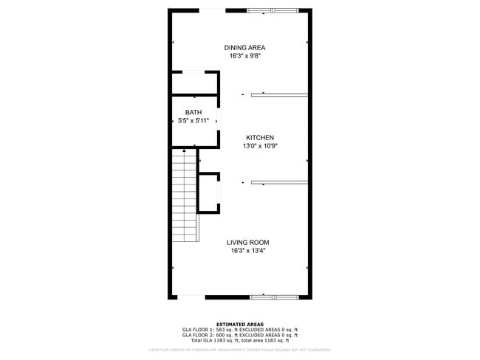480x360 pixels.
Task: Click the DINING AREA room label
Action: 245,48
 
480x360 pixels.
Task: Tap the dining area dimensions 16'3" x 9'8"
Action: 245,56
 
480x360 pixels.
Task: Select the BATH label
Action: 193,112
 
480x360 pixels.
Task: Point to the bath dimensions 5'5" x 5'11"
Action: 193,120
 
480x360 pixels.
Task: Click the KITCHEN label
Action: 260,138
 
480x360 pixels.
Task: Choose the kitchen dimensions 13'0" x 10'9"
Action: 260,146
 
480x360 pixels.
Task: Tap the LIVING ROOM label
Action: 247,243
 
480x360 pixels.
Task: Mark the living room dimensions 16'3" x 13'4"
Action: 247,251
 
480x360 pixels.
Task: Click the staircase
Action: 185,196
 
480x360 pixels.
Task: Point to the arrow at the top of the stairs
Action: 184,150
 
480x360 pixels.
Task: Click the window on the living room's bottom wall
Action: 273,297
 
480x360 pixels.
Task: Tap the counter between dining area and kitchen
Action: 279,94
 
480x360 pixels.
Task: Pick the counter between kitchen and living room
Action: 279,182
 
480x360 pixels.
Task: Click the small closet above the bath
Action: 194,83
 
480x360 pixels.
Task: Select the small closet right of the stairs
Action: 209,193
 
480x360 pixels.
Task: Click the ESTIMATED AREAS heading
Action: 239,323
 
